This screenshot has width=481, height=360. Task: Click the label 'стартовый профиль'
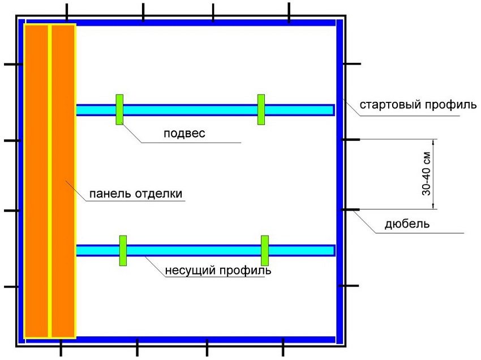coord(418,105)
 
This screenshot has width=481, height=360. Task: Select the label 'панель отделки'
coord(135,194)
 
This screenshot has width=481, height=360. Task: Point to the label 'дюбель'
coord(407,224)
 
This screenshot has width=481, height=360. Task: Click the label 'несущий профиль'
coord(218,270)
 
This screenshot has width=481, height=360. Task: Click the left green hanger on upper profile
coord(119,109)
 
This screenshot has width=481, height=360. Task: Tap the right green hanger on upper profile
coord(261,109)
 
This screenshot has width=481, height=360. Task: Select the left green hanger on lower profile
coord(123,250)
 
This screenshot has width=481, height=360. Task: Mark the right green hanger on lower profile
coord(264,250)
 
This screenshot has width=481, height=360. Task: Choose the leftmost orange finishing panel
coord(37,181)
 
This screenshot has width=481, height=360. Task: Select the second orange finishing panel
coord(63,181)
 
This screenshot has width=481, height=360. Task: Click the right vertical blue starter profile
coord(339,181)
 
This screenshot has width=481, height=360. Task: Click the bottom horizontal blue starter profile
coord(204,340)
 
